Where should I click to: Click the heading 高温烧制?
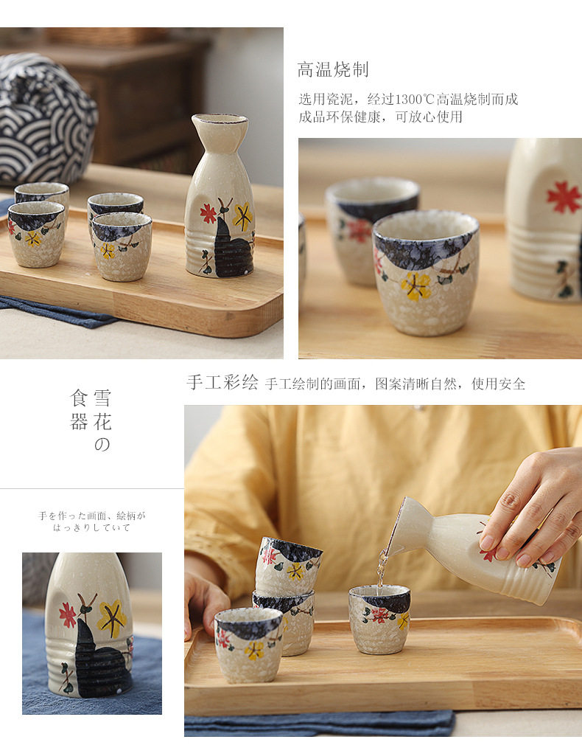point(333,69)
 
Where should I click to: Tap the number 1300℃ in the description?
point(415,100)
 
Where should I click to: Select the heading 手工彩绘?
point(222,383)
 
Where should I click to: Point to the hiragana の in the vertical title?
point(102,444)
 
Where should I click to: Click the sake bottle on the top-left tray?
point(220,195)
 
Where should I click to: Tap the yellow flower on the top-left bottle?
point(242,217)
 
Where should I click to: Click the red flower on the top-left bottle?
point(208,213)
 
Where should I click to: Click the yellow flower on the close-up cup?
point(416,285)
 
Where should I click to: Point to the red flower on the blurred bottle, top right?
point(564,196)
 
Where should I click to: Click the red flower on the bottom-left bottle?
point(68,614)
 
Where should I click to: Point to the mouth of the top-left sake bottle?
point(220,119)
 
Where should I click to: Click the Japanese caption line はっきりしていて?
point(91,527)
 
